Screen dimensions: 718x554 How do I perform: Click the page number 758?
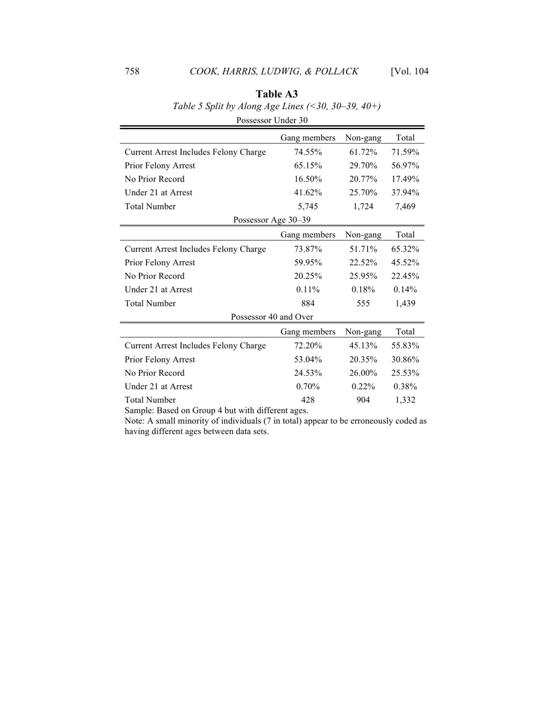pyautogui.click(x=132, y=72)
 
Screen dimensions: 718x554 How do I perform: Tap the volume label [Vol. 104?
pyautogui.click(x=409, y=72)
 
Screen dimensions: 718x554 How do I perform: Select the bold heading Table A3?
pyautogui.click(x=277, y=93)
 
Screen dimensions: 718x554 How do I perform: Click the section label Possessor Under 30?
pyautogui.click(x=272, y=120)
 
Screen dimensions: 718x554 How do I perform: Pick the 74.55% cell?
pyautogui.click(x=308, y=152)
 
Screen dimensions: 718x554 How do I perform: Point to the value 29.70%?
pyautogui.click(x=363, y=165)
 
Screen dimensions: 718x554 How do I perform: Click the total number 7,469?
pyautogui.click(x=405, y=206)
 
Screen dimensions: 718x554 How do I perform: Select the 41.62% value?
pyautogui.click(x=308, y=193)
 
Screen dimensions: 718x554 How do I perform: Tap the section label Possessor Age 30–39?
pyautogui.click(x=272, y=219)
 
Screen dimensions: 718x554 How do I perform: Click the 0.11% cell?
pyautogui.click(x=308, y=290)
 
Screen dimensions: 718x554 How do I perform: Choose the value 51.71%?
pyautogui.click(x=363, y=249)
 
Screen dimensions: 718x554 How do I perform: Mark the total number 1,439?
pyautogui.click(x=405, y=304)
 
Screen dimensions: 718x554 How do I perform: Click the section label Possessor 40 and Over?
pyautogui.click(x=272, y=317)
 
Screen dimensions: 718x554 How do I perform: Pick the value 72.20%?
pyautogui.click(x=308, y=346)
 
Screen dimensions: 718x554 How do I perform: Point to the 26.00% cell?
pyautogui.click(x=363, y=373)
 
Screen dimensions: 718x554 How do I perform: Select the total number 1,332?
pyautogui.click(x=405, y=400)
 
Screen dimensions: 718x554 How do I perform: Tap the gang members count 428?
pyautogui.click(x=308, y=400)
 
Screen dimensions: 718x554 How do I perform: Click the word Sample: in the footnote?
pyautogui.click(x=140, y=410)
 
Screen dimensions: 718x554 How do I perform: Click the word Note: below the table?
pyautogui.click(x=136, y=420)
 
